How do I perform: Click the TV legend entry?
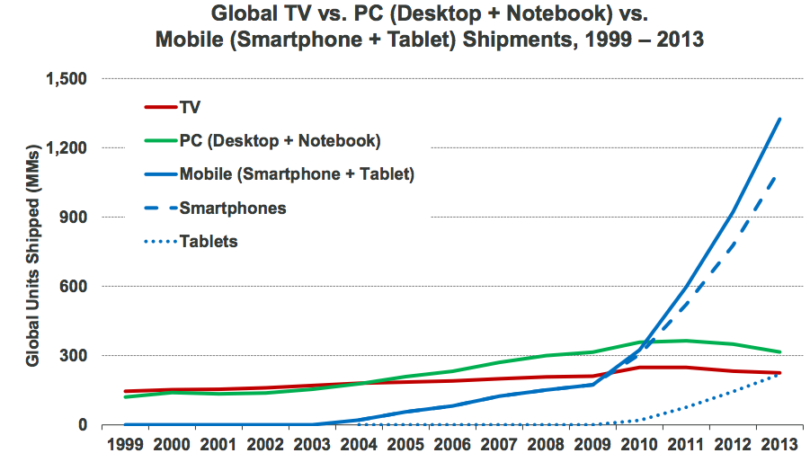tap(190, 108)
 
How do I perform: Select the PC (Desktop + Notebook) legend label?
tap(280, 141)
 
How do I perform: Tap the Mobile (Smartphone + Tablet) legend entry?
tap(297, 174)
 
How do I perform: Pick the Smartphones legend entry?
tap(232, 208)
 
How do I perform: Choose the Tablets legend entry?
tap(209, 241)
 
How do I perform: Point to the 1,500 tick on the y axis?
tap(66, 79)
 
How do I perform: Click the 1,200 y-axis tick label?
tap(66, 148)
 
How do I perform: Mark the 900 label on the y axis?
tap(73, 218)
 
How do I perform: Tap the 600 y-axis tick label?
tap(73, 287)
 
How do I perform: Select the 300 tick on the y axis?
tap(73, 356)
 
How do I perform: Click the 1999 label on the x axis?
tap(125, 445)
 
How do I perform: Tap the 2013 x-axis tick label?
tap(779, 445)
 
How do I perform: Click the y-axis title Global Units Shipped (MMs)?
tap(32, 253)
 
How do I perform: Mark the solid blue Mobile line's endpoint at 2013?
tap(779, 119)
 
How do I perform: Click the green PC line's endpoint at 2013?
tap(779, 351)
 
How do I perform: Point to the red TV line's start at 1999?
tap(125, 391)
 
